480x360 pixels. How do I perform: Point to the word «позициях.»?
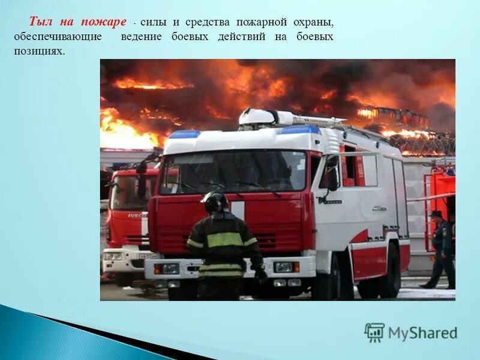click(x=38, y=52)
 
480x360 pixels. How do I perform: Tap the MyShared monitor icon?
click(x=374, y=332)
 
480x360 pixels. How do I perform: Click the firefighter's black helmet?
click(x=215, y=202)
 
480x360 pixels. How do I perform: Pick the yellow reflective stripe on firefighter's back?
click(x=224, y=239)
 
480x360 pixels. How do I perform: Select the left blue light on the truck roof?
click(x=183, y=134)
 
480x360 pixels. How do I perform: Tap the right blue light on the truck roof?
click(x=298, y=130)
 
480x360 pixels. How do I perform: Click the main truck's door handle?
click(x=379, y=209)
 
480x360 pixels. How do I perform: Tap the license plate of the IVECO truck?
click(x=148, y=256)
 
